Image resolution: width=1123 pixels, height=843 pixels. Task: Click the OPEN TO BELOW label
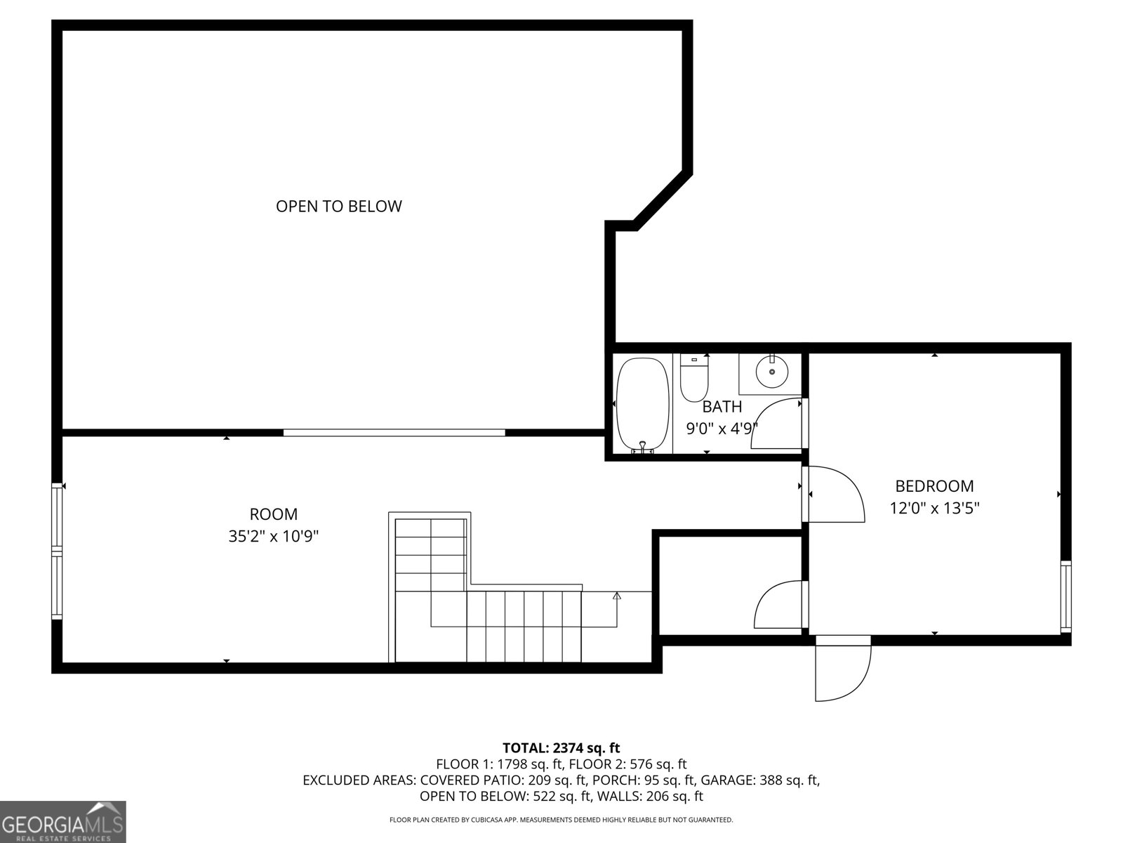pyautogui.click(x=339, y=207)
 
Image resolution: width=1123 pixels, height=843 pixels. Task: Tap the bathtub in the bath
pyautogui.click(x=643, y=405)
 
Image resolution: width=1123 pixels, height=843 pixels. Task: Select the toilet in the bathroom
pyautogui.click(x=693, y=378)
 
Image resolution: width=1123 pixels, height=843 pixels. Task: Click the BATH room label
pyautogui.click(x=722, y=407)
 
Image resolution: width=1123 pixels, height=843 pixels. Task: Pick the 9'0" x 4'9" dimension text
pyautogui.click(x=722, y=429)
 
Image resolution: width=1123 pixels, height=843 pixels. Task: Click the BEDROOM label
pyautogui.click(x=934, y=485)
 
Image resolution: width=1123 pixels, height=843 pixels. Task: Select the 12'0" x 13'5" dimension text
pyautogui.click(x=934, y=508)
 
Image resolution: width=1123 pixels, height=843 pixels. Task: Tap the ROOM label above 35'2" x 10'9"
pyautogui.click(x=273, y=514)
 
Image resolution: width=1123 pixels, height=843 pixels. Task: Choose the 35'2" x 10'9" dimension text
pyautogui.click(x=273, y=537)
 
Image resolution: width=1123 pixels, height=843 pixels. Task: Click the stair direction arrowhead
pyautogui.click(x=617, y=596)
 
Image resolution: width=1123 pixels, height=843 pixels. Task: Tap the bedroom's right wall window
pyautogui.click(x=1065, y=596)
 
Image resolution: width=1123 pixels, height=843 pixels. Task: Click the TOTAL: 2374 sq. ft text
pyautogui.click(x=561, y=748)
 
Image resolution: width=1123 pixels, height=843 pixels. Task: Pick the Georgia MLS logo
pyautogui.click(x=63, y=822)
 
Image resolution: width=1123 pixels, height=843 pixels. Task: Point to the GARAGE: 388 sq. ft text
pyautogui.click(x=759, y=780)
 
